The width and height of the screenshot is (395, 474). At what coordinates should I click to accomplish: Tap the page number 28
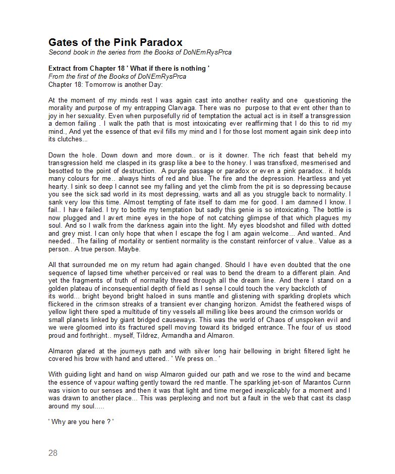tap(53, 453)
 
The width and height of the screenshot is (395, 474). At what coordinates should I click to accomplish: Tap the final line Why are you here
tap(81, 422)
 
